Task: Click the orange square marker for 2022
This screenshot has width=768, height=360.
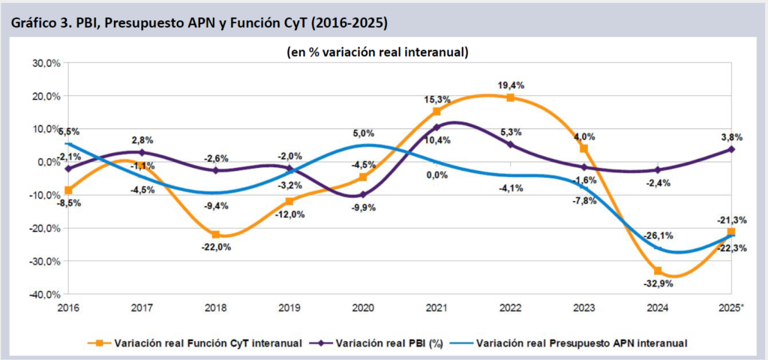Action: [x=511, y=97]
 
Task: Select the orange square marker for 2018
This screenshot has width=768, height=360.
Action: [x=216, y=235]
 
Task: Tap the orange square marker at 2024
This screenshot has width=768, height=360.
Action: [x=658, y=271]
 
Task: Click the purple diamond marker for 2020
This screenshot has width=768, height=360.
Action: [x=363, y=194]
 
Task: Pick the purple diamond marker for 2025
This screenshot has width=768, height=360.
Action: [x=731, y=149]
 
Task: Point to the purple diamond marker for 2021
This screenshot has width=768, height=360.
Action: [x=436, y=127]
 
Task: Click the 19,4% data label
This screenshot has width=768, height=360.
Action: [x=511, y=84]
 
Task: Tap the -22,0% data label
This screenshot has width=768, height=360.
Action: [x=215, y=248]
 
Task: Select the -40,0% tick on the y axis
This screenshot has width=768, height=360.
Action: [x=45, y=294]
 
